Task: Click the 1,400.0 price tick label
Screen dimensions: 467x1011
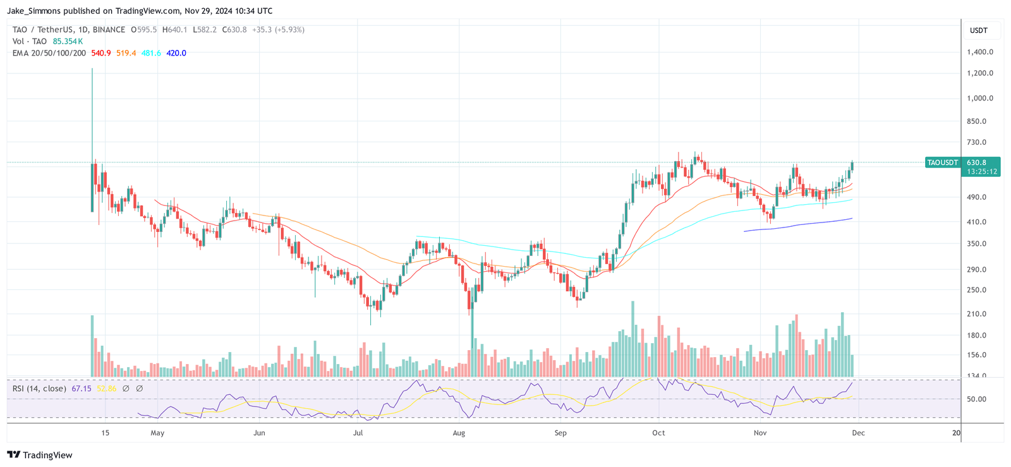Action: pyautogui.click(x=979, y=52)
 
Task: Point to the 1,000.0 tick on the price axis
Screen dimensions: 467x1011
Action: pyautogui.click(x=979, y=98)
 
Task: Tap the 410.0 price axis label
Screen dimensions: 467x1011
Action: pyautogui.click(x=976, y=222)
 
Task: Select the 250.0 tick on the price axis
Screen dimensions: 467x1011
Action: pyautogui.click(x=976, y=290)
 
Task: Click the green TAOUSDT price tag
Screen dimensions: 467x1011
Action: pyautogui.click(x=942, y=162)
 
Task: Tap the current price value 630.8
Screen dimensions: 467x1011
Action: pyautogui.click(x=976, y=162)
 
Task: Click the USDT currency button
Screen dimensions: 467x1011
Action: pyautogui.click(x=979, y=30)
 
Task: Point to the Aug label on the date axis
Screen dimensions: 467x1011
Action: pyautogui.click(x=459, y=433)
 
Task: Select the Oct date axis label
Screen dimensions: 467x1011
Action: pyautogui.click(x=658, y=433)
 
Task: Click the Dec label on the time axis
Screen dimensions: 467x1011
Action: pyautogui.click(x=858, y=433)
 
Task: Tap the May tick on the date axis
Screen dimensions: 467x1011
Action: pyautogui.click(x=157, y=433)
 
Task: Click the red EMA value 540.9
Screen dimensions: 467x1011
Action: pyautogui.click(x=101, y=53)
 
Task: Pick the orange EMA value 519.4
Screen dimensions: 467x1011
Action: pyautogui.click(x=126, y=53)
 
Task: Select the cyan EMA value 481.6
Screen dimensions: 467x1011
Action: pyautogui.click(x=151, y=53)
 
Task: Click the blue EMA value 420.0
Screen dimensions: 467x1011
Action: pyautogui.click(x=176, y=53)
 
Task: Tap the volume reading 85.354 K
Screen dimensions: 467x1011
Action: pyautogui.click(x=68, y=41)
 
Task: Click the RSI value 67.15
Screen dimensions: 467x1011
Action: pyautogui.click(x=82, y=389)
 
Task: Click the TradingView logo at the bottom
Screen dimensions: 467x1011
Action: pyautogui.click(x=40, y=455)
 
